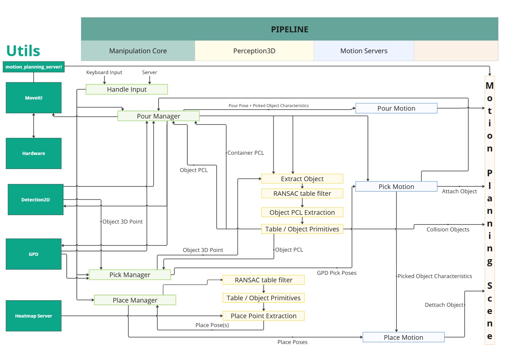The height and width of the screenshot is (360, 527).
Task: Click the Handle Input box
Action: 127,89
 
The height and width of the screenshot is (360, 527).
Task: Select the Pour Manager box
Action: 158,116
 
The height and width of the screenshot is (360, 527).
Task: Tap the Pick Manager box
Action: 130,275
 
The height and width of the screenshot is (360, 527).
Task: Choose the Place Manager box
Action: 135,300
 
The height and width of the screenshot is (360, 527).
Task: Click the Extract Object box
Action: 302,179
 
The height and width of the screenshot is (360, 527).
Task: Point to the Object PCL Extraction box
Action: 302,212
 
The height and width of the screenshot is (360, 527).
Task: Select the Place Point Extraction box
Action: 263,316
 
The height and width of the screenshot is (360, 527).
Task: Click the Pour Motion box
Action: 396,108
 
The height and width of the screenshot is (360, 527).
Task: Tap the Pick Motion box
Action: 396,187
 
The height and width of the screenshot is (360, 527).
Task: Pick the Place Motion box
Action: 403,337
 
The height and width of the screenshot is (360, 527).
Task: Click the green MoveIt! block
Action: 34,98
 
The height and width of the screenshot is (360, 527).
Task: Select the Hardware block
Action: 34,153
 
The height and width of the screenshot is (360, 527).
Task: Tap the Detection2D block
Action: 36,200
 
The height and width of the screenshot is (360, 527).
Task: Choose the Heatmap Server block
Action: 34,316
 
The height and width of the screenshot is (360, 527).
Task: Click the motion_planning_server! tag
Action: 34,67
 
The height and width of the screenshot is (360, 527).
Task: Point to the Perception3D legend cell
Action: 254,51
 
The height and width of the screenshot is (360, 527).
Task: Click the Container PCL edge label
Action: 246,153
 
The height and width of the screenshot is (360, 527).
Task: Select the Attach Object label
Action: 459,192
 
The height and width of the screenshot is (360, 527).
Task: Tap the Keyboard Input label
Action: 104,72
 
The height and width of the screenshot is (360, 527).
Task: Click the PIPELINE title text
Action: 289,30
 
